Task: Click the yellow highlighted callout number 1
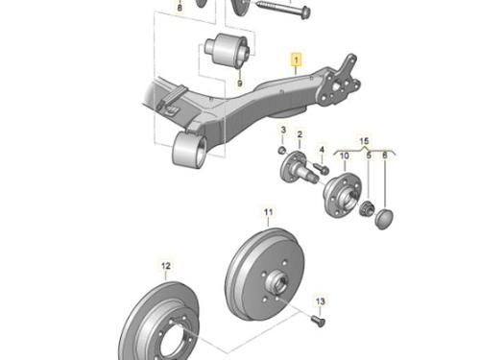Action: pyautogui.click(x=297, y=60)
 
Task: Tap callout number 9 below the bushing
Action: pyautogui.click(x=240, y=84)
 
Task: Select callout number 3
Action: pyautogui.click(x=283, y=130)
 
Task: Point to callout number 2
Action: pyautogui.click(x=300, y=134)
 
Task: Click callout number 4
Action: pyautogui.click(x=322, y=150)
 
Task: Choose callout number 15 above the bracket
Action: pyautogui.click(x=364, y=141)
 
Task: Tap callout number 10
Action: pyautogui.click(x=345, y=156)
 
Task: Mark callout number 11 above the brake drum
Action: pyautogui.click(x=268, y=212)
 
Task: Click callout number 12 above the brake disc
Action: pyautogui.click(x=166, y=266)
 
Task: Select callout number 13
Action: pyautogui.click(x=320, y=301)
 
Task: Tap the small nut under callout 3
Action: pyautogui.click(x=282, y=150)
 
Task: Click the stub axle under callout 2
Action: pyautogui.click(x=299, y=168)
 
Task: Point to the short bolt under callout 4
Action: pyautogui.click(x=321, y=169)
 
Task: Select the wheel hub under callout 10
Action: pyautogui.click(x=342, y=195)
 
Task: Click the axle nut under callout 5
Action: pyautogui.click(x=366, y=209)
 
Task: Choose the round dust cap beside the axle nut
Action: pyautogui.click(x=383, y=218)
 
